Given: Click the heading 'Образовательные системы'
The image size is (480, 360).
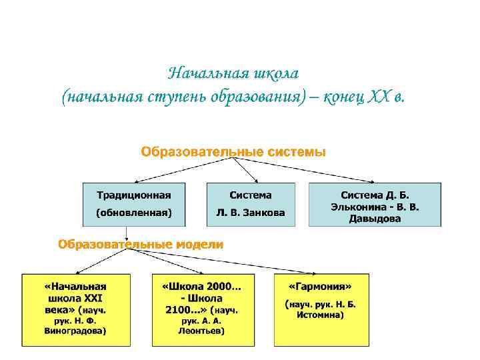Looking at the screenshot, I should point(233,152).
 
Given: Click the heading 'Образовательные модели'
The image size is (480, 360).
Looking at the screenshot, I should point(141,245).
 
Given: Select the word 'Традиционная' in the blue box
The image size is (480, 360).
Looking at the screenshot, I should point(133,195).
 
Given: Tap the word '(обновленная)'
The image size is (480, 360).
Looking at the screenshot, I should point(133,213).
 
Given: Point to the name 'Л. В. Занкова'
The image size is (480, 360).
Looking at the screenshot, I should point(250,213).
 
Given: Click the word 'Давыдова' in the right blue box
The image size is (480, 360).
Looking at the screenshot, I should point(375,219).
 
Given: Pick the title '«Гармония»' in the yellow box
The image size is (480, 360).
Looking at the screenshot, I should point(320,286).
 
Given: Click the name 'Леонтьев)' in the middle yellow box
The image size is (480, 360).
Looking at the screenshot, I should point(203,330).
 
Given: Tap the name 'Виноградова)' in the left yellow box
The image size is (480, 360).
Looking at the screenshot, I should point(75,330).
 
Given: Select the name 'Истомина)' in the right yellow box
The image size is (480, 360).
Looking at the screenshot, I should point(321,314).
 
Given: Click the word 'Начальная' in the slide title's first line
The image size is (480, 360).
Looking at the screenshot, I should point(198,71).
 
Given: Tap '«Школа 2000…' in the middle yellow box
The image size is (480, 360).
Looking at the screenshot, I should point(203,286).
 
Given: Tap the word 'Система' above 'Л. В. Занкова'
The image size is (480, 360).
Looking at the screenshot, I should point(251,195).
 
